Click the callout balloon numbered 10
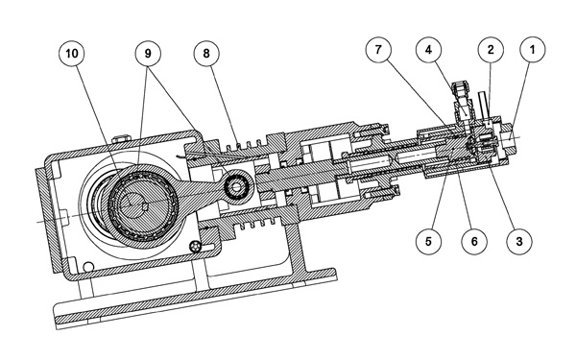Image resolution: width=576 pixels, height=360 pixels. (x=72, y=54)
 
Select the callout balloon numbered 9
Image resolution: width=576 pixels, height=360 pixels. (x=148, y=54)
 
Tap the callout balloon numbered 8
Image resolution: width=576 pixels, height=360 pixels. (x=206, y=54)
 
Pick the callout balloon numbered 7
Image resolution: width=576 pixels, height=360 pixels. (x=378, y=49)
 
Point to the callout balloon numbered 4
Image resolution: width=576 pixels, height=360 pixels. (x=429, y=49)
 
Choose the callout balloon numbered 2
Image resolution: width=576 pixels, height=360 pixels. (x=491, y=49)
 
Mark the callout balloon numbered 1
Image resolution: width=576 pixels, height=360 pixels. (x=533, y=49)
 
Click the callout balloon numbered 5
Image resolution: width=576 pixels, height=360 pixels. (x=429, y=242)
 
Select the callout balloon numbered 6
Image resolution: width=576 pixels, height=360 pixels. (x=474, y=242)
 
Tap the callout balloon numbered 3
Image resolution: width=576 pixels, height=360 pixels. (x=519, y=242)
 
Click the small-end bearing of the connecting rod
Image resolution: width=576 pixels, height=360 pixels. (x=236, y=187)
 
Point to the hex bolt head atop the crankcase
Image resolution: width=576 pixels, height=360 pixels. (x=122, y=138)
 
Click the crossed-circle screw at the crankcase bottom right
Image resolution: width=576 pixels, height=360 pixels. (x=197, y=246)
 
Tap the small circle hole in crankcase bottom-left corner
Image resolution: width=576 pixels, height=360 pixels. (x=88, y=267)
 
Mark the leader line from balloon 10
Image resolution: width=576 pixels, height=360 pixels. (x=96, y=118)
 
